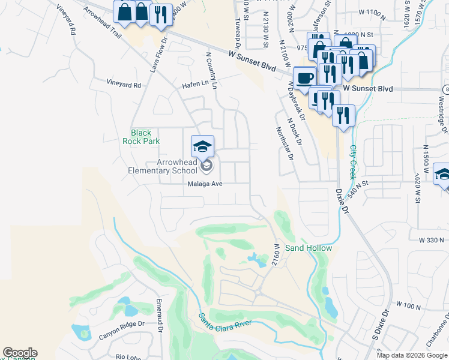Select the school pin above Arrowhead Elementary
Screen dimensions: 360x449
[202, 146]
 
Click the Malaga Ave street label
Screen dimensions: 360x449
[205, 184]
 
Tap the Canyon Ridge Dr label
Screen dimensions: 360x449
[122, 330]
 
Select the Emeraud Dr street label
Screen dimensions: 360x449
[160, 314]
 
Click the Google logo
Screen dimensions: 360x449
[20, 353]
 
